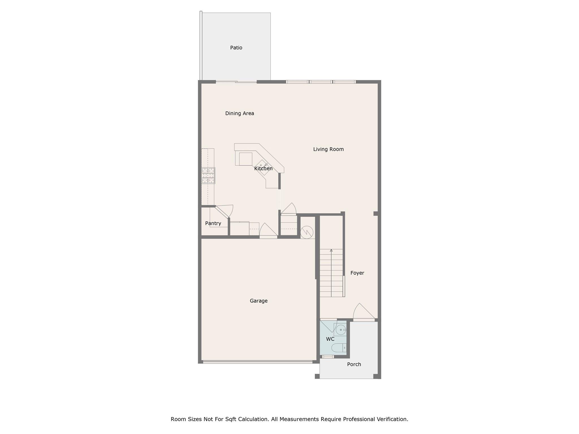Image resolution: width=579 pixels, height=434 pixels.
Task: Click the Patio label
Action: click(236, 48)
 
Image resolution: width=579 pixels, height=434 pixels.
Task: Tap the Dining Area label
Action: click(239, 113)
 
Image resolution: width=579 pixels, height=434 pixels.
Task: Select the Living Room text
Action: click(328, 149)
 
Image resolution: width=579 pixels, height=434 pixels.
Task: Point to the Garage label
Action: click(258, 301)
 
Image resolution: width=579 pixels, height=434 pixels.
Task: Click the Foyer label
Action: click(357, 273)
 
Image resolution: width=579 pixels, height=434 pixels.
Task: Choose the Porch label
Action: click(354, 364)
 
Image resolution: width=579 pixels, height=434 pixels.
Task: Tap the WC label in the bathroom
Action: click(330, 339)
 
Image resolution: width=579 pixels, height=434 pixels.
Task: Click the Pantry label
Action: click(213, 223)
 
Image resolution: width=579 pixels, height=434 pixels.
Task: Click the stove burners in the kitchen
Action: click(208, 175)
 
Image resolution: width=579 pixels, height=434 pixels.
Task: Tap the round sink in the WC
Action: click(341, 330)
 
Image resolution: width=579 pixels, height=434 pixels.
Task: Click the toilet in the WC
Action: click(338, 348)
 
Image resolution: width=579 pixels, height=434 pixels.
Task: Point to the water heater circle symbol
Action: click(306, 232)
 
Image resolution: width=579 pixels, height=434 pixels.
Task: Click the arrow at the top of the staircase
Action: click(331, 251)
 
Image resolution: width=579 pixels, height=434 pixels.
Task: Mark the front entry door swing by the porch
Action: click(364, 312)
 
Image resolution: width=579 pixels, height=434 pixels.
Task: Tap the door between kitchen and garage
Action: click(268, 231)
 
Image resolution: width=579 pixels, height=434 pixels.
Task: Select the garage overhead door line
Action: click(258, 361)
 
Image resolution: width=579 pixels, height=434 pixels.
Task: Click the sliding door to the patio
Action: click(236, 82)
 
